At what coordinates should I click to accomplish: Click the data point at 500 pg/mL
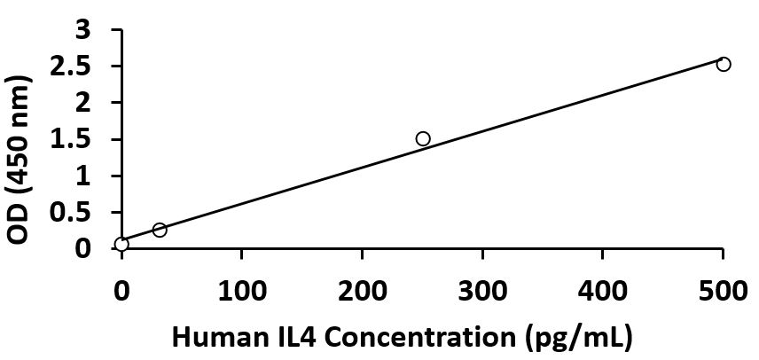pos(724,64)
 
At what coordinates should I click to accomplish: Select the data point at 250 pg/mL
pos(423,138)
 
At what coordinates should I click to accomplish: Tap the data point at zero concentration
pos(121,244)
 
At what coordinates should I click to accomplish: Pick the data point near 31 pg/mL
pos(160,230)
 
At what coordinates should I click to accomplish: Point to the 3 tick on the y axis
pos(83,30)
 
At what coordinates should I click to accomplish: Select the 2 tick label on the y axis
pos(83,103)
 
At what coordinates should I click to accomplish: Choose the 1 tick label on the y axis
pos(83,176)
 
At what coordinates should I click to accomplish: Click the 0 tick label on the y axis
pos(83,249)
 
